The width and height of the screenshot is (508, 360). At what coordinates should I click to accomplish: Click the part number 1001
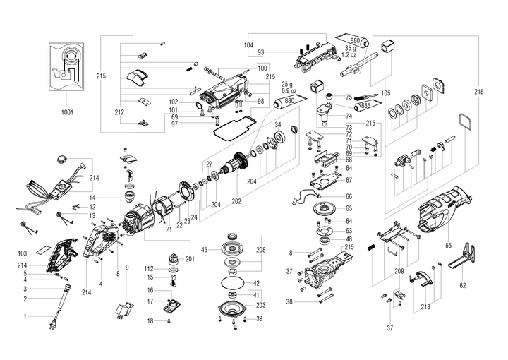tap(67, 112)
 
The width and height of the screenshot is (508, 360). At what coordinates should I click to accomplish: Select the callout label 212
tap(119, 112)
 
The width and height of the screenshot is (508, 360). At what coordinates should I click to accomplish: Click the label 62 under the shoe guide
tap(463, 286)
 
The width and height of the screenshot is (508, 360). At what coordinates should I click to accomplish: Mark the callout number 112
tap(150, 269)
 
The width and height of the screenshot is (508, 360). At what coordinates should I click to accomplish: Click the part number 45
tap(205, 249)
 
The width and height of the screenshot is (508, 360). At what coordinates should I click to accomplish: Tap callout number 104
tap(248, 44)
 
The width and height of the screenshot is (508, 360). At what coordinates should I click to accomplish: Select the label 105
tap(385, 93)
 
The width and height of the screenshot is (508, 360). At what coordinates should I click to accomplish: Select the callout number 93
tap(261, 53)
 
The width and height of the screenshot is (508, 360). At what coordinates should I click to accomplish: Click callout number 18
tap(150, 321)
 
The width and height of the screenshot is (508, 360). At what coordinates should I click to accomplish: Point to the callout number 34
tap(278, 126)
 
